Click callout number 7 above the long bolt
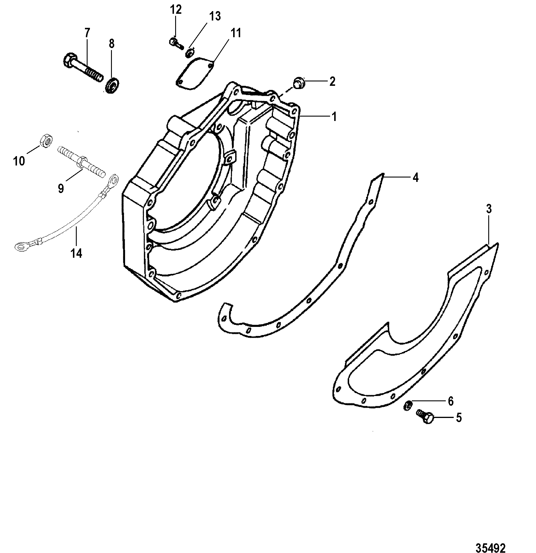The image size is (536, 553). (x=87, y=33)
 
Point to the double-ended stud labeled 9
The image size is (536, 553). (x=82, y=162)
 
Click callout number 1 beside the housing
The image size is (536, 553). (x=334, y=117)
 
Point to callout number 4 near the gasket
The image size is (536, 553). (x=415, y=178)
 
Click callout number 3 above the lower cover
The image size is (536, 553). (x=488, y=209)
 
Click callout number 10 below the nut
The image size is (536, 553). (x=19, y=161)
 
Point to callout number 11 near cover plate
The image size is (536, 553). (x=235, y=33)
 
